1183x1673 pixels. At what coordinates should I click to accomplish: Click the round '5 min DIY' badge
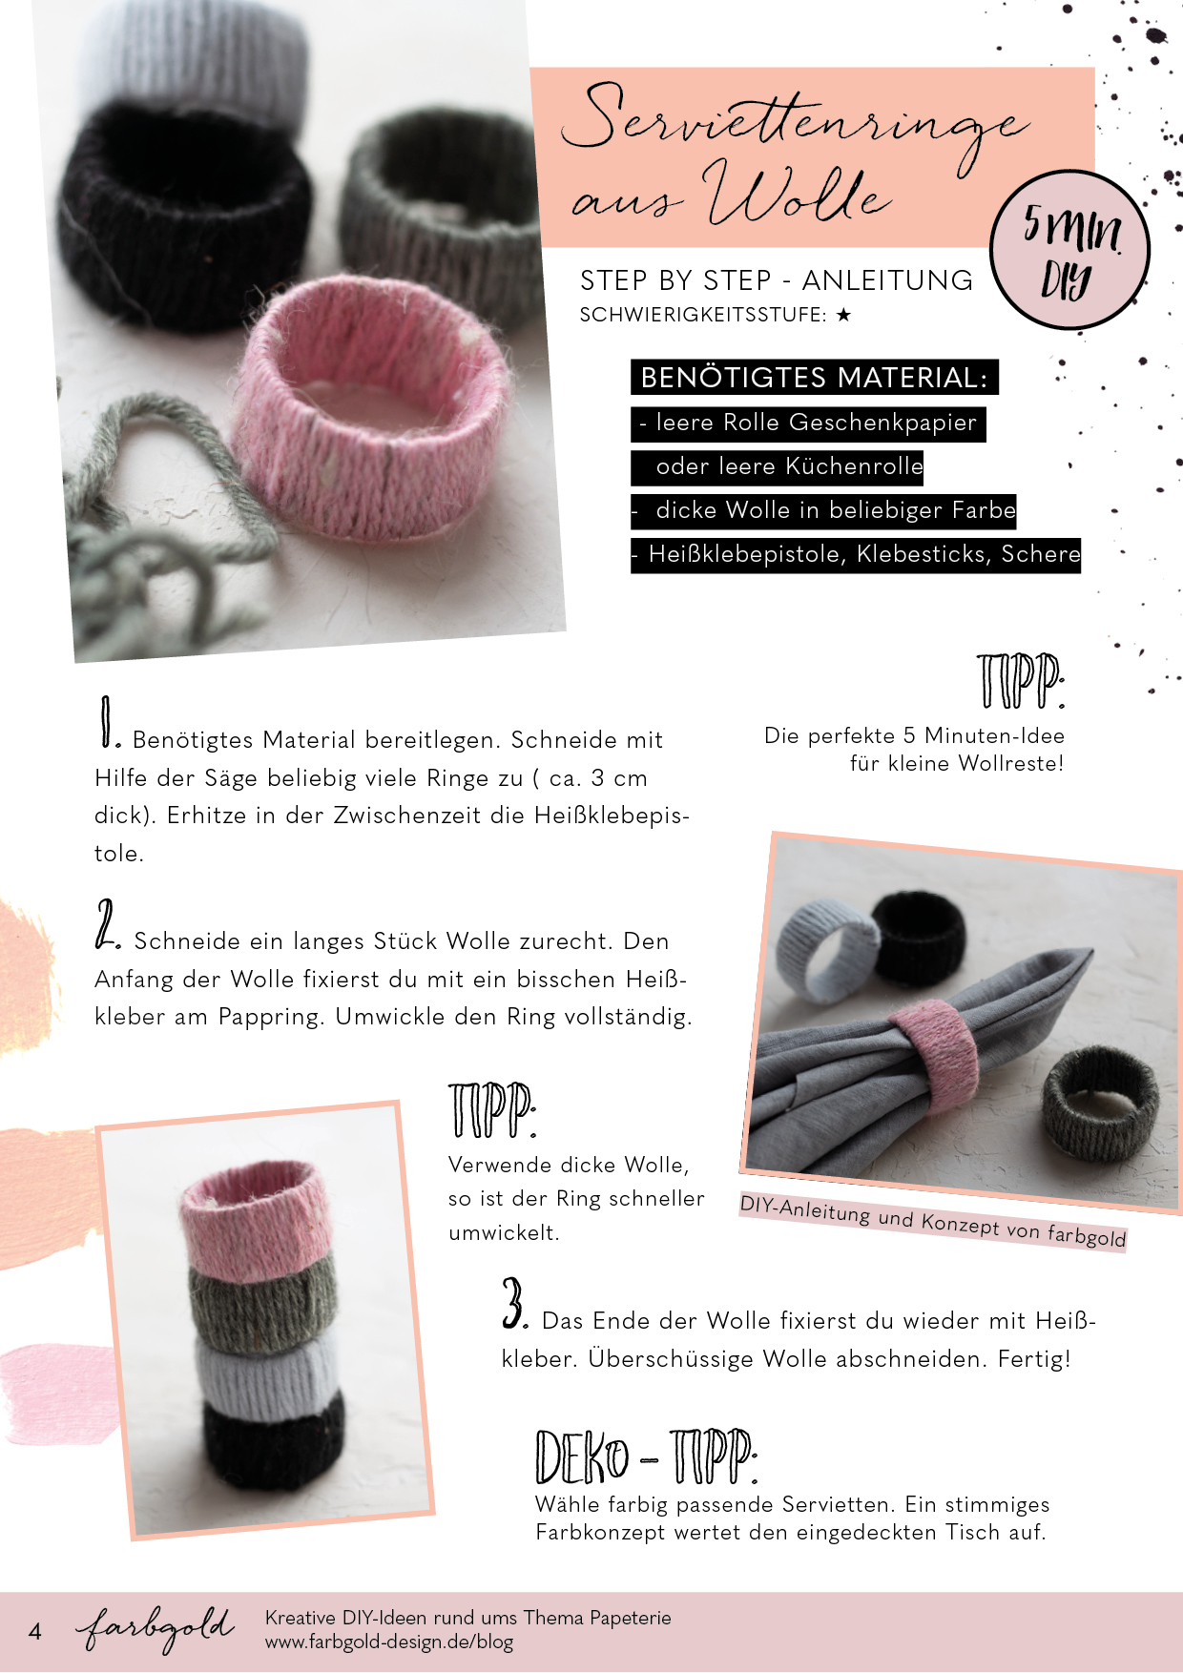tap(1069, 250)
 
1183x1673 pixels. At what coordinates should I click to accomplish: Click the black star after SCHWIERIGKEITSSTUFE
tap(843, 315)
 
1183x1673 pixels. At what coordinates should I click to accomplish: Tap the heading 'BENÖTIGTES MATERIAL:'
tap(814, 378)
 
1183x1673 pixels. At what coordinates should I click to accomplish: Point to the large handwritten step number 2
tap(107, 924)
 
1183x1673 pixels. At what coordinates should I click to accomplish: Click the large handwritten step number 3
tap(515, 1303)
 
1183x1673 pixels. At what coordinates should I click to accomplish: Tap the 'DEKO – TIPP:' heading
tap(647, 1457)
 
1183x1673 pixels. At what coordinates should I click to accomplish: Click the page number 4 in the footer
tap(35, 1631)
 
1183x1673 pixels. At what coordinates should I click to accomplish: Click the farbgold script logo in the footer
tap(156, 1629)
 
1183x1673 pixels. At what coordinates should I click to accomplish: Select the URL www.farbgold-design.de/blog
tap(389, 1642)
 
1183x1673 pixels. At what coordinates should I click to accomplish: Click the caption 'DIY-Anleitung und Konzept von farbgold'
tap(933, 1221)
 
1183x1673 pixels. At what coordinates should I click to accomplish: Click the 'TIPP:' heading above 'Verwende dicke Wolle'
tap(492, 1110)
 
